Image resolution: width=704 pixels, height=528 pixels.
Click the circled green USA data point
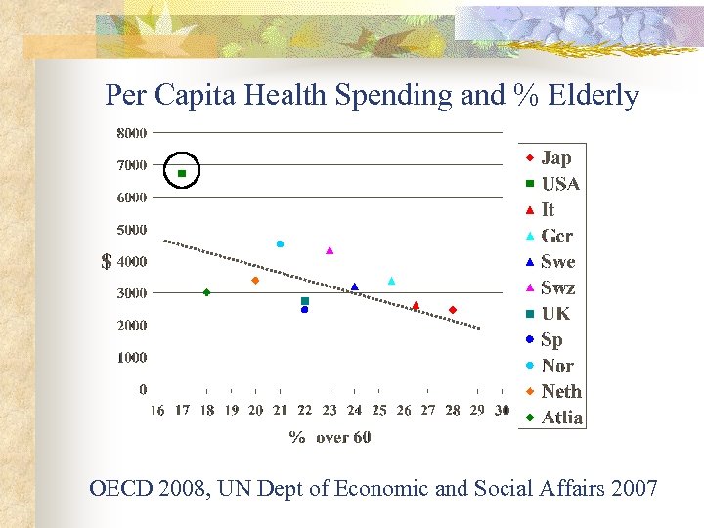click(x=182, y=173)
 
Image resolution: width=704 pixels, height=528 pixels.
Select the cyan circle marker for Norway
click(x=280, y=243)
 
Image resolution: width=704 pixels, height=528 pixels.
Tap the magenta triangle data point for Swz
click(x=330, y=250)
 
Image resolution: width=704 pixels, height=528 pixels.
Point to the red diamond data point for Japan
click(x=453, y=310)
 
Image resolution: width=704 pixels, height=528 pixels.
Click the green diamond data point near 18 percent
click(x=206, y=292)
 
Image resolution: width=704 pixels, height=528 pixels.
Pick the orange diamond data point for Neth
click(x=255, y=281)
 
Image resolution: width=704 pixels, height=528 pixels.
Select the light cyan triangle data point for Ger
click(x=391, y=281)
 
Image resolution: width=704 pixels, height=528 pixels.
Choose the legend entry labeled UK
click(x=553, y=314)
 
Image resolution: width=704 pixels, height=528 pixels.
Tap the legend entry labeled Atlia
click(x=561, y=418)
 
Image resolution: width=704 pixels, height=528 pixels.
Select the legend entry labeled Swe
click(x=557, y=262)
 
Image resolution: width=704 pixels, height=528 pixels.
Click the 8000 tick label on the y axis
click(x=132, y=132)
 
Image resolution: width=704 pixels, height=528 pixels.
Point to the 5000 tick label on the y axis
click(x=132, y=230)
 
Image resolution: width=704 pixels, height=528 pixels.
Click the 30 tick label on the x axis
click(x=502, y=411)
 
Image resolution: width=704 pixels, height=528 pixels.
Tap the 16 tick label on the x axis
click(x=157, y=411)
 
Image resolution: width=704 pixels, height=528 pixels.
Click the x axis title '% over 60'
click(x=330, y=437)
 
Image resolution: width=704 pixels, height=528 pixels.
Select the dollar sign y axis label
click(x=107, y=262)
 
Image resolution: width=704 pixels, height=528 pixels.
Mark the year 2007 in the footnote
click(x=634, y=488)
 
